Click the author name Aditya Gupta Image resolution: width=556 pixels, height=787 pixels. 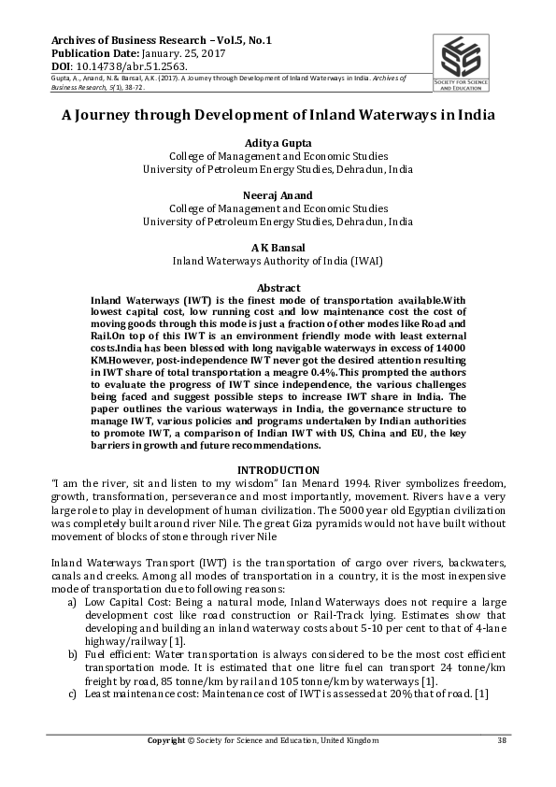[277, 142]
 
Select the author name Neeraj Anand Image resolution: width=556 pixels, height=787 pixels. [277, 195]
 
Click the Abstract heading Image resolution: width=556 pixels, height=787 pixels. [278, 287]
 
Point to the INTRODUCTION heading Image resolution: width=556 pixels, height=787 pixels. [278, 469]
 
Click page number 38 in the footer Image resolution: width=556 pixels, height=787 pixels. [501, 740]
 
